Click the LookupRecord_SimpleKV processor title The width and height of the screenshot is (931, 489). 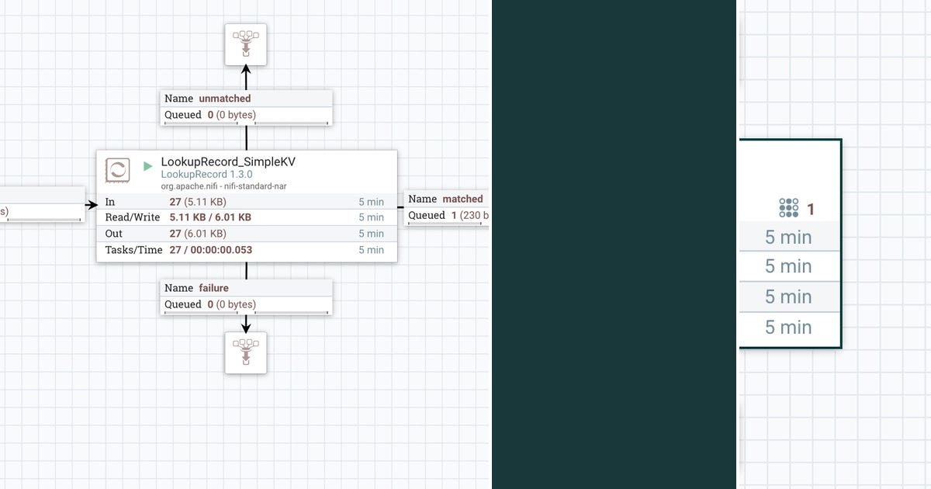pyautogui.click(x=227, y=162)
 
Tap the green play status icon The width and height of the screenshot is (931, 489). pyautogui.click(x=148, y=166)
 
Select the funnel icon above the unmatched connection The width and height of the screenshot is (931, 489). pyautogui.click(x=246, y=43)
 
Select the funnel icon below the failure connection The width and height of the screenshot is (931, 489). pyautogui.click(x=246, y=352)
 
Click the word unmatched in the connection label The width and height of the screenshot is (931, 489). pyautogui.click(x=224, y=99)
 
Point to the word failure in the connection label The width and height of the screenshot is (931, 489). pyautogui.click(x=213, y=288)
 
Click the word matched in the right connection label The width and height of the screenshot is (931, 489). pyautogui.click(x=462, y=199)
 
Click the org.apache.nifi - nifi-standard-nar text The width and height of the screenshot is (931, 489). pyautogui.click(x=223, y=186)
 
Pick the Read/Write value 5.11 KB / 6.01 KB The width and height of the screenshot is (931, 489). pyautogui.click(x=210, y=217)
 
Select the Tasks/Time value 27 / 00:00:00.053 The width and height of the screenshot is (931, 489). pyautogui.click(x=210, y=250)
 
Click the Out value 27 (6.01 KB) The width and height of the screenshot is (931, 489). pyautogui.click(x=198, y=234)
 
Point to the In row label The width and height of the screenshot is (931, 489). pyautogui.click(x=110, y=202)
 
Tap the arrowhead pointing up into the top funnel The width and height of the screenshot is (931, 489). pyautogui.click(x=246, y=70)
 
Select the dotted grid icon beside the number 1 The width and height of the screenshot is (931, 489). pyautogui.click(x=788, y=208)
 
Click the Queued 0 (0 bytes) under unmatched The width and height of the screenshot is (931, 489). pyautogui.click(x=210, y=115)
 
